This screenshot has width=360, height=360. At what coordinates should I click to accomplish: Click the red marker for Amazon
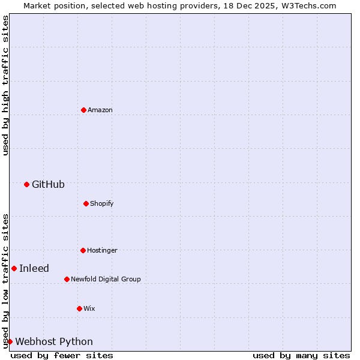tap(83, 110)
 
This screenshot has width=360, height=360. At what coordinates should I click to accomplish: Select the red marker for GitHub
tap(26, 184)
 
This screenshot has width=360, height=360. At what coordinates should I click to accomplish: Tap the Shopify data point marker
tap(86, 203)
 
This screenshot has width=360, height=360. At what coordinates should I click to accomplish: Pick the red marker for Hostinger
tap(83, 250)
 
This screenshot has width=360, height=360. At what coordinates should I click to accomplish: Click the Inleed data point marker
tap(14, 268)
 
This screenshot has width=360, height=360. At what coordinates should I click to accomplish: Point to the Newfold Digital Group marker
tap(67, 279)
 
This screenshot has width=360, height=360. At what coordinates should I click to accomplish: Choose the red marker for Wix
tap(79, 308)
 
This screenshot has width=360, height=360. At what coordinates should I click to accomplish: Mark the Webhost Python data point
tap(10, 341)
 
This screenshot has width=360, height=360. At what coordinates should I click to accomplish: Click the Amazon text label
tap(100, 110)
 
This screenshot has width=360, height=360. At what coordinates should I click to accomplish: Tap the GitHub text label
tap(48, 184)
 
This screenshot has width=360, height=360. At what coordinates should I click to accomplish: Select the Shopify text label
tap(102, 203)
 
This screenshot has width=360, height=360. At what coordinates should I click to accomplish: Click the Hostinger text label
tap(102, 250)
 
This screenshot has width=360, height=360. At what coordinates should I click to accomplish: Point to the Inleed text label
tap(34, 268)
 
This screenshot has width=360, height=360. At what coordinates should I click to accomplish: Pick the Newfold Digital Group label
tap(106, 279)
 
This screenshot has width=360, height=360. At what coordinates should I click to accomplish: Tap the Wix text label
tap(89, 308)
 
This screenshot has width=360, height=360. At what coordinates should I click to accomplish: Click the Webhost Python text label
tap(54, 341)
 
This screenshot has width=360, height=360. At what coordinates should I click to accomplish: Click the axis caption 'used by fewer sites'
tap(62, 355)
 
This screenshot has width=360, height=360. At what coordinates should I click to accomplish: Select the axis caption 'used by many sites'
tap(301, 355)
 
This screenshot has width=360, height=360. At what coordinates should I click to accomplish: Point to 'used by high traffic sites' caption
tap(5, 85)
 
